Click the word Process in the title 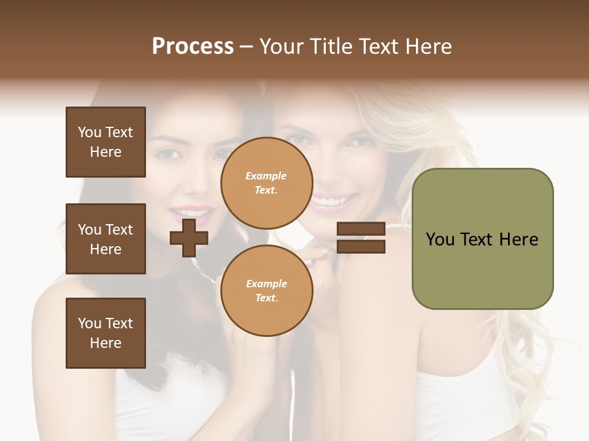pyautogui.click(x=193, y=47)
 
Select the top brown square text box pyautogui.click(x=106, y=142)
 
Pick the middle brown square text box pyautogui.click(x=106, y=239)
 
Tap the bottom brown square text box pyautogui.click(x=106, y=333)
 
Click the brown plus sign pyautogui.click(x=189, y=238)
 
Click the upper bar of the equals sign pyautogui.click(x=361, y=229)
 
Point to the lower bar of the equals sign pyautogui.click(x=361, y=246)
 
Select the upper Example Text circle pyautogui.click(x=266, y=183)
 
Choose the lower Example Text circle pyautogui.click(x=266, y=290)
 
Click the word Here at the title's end pyautogui.click(x=428, y=47)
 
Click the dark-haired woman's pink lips pyautogui.click(x=191, y=213)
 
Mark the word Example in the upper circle pyautogui.click(x=266, y=176)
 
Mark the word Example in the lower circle pyautogui.click(x=266, y=284)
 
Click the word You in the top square pyautogui.click(x=90, y=132)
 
